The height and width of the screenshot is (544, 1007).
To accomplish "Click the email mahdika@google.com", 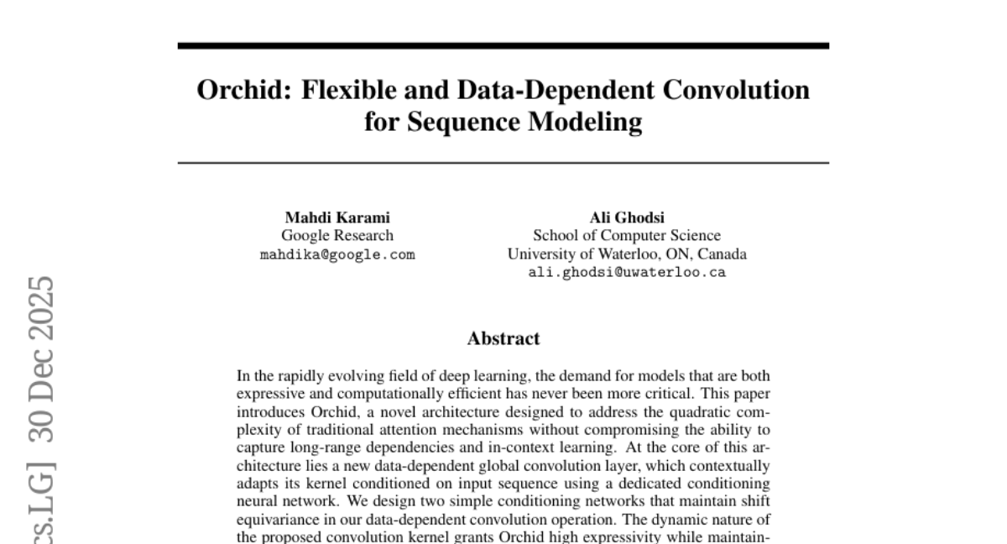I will click(337, 255).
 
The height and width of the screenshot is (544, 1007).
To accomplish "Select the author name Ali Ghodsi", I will click(627, 218).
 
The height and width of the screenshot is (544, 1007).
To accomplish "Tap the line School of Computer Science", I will click(627, 236).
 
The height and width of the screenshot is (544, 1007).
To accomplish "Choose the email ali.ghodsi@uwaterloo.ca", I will click(627, 272).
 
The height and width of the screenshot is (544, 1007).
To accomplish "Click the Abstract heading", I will click(503, 339).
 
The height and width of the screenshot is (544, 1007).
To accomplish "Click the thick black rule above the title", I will click(503, 46).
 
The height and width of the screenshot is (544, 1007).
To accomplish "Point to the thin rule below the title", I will click(503, 162).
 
